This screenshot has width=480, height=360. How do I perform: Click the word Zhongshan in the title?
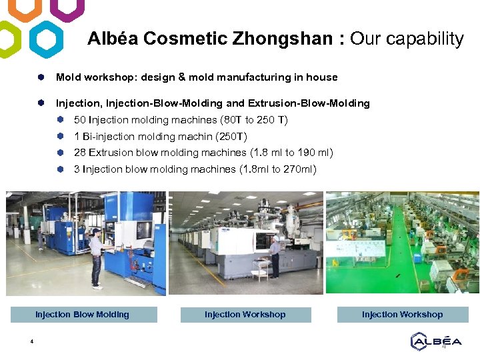pos(283,39)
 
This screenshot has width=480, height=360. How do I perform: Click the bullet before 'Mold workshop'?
pos(41,77)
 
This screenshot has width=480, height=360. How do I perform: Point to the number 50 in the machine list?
pos(80,120)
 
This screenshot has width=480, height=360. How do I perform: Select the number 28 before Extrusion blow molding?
pos(80,153)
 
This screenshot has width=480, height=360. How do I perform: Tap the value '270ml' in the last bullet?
pos(301,169)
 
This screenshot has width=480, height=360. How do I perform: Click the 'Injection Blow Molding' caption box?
pos(83,315)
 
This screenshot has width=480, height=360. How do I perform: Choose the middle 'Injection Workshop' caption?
pos(245,315)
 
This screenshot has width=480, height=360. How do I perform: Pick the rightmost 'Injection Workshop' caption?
pos(402,315)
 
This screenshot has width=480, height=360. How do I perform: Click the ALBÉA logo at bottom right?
pos(436,341)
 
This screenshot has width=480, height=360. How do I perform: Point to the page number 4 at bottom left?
pos(31,342)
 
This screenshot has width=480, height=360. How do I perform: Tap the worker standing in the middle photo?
pos(274,256)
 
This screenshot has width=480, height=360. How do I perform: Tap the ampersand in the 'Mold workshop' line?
pos(181,77)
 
